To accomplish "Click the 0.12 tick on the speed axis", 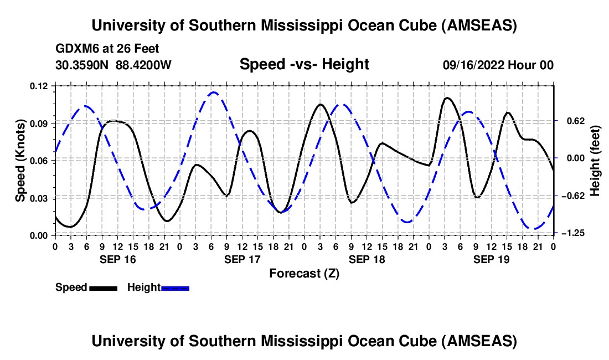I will click(40, 86).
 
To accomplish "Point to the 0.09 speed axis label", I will click(40, 123).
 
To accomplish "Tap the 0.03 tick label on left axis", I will click(40, 198).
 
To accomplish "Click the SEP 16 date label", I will click(117, 259).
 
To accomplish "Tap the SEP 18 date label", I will click(366, 259).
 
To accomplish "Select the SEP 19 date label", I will click(491, 259).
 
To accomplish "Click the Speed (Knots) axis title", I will click(20, 160).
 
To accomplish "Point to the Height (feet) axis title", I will click(596, 160).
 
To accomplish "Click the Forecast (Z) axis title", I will click(304, 273).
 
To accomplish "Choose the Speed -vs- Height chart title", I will click(304, 65).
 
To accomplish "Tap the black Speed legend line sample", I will click(102, 287).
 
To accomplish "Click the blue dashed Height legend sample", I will click(175, 287).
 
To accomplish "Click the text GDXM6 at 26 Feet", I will click(107, 49).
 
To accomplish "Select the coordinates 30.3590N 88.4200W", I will click(113, 65).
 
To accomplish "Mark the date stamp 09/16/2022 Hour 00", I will click(498, 65).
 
